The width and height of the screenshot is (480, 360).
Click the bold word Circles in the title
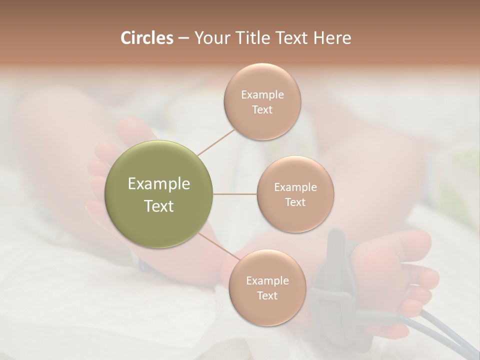click(x=147, y=38)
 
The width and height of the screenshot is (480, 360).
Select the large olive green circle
click(x=159, y=194)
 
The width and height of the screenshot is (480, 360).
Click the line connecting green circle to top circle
click(x=216, y=142)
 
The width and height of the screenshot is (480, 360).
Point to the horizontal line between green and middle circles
click(x=234, y=194)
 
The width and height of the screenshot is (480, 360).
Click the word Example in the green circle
click(x=159, y=184)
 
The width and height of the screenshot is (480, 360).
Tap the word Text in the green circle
click(x=159, y=206)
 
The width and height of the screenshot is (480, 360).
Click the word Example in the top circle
click(x=262, y=94)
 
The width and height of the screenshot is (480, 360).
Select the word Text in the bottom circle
click(x=267, y=295)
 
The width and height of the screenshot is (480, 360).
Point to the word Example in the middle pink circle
click(x=295, y=187)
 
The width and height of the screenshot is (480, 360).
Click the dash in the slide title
click(x=183, y=38)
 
